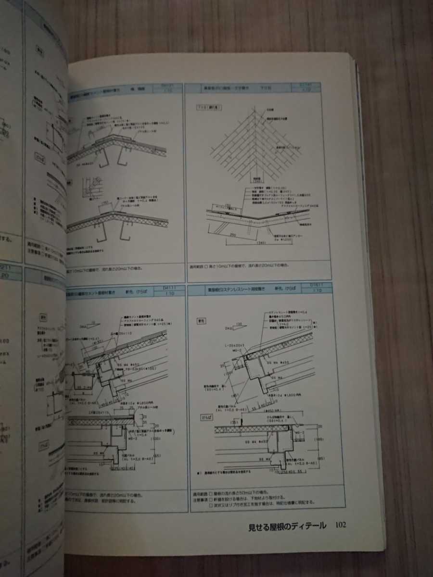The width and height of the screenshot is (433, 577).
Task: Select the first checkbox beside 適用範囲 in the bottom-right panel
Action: coord(211,494)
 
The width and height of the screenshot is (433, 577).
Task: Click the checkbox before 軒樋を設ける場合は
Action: coord(211,499)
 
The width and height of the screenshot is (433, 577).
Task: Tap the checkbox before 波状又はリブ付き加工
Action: coord(211,505)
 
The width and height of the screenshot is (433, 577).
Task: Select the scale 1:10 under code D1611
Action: coord(317,291)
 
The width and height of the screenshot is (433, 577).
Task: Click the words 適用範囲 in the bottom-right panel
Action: coord(199,494)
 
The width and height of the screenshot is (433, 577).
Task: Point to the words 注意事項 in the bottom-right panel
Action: coord(199,499)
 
